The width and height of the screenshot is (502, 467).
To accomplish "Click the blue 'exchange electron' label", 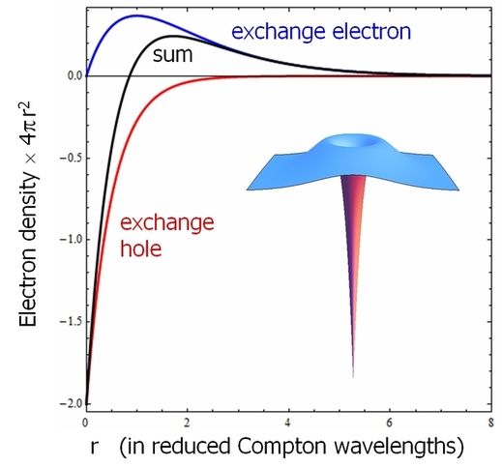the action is tap(321, 32).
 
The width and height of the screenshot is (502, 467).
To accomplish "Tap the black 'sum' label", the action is tap(172, 55).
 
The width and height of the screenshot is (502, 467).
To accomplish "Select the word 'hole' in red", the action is tap(140, 248).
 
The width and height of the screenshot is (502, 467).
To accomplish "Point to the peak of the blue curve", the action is tap(137, 15).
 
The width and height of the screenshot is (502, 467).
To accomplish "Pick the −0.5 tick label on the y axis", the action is tap(71, 159).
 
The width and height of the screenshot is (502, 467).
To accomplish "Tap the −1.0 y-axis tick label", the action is tap(71, 240).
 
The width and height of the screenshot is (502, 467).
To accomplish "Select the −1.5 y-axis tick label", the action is tap(71, 322).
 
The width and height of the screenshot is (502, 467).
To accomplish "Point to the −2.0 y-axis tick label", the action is tap(71, 404).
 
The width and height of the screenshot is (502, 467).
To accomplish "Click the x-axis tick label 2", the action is tap(187, 423).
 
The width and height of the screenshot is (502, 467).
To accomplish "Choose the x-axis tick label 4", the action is tap(288, 423).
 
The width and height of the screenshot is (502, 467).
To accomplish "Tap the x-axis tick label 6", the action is tap(390, 423).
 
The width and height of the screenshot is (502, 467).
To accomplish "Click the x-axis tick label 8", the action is tap(490, 423).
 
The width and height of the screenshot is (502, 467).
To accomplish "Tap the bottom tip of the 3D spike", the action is tap(353, 376).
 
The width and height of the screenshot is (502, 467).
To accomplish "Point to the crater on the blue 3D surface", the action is tap(353, 142).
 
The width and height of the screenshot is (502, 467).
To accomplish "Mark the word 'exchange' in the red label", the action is tap(167, 223).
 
